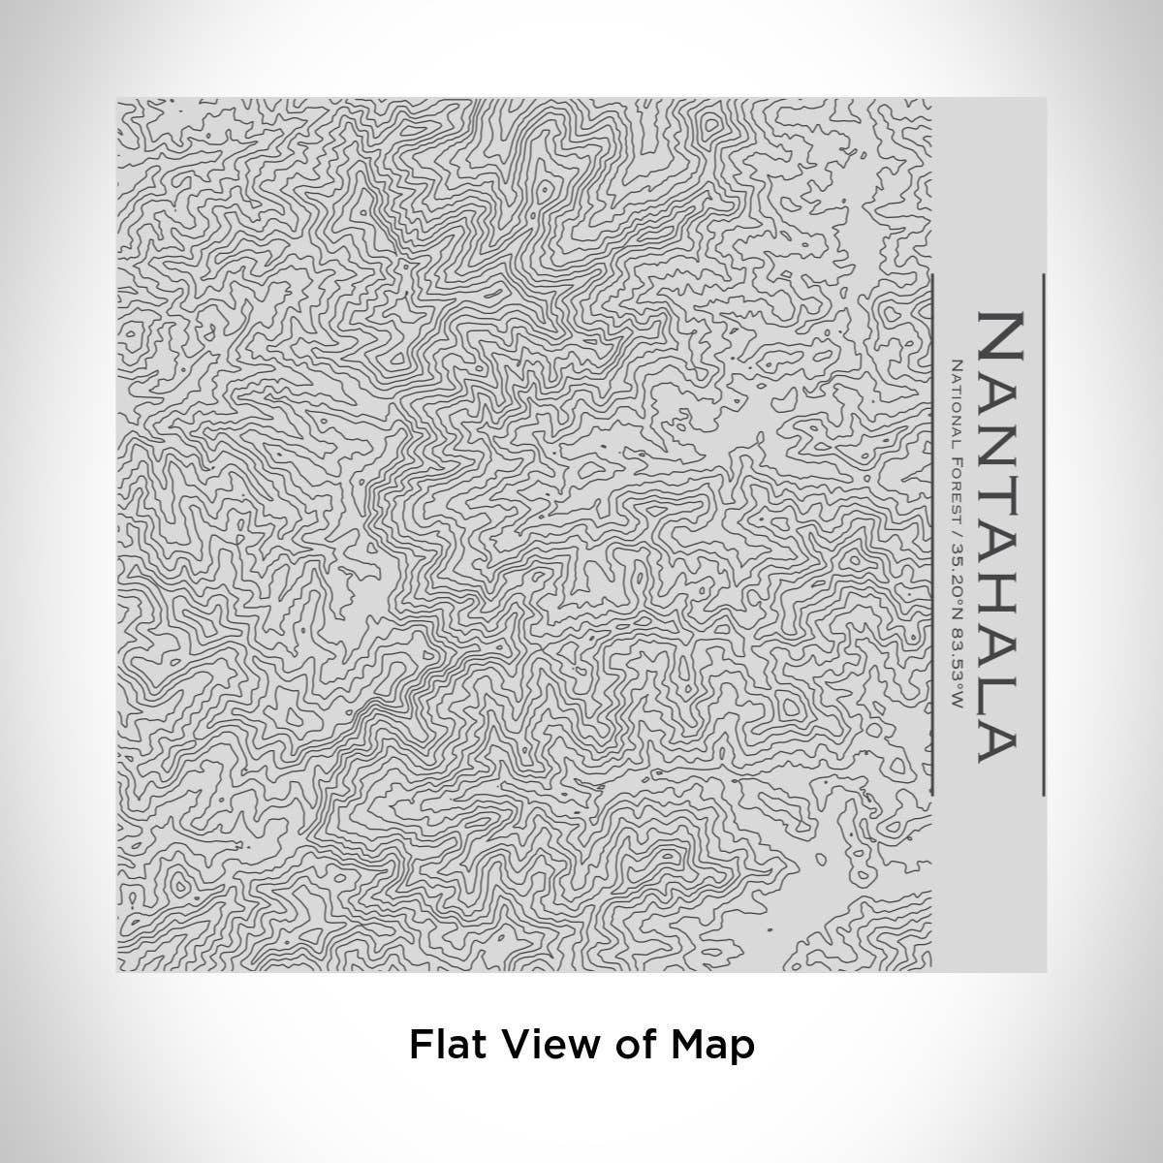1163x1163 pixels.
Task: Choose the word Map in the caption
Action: click(x=712, y=1046)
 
